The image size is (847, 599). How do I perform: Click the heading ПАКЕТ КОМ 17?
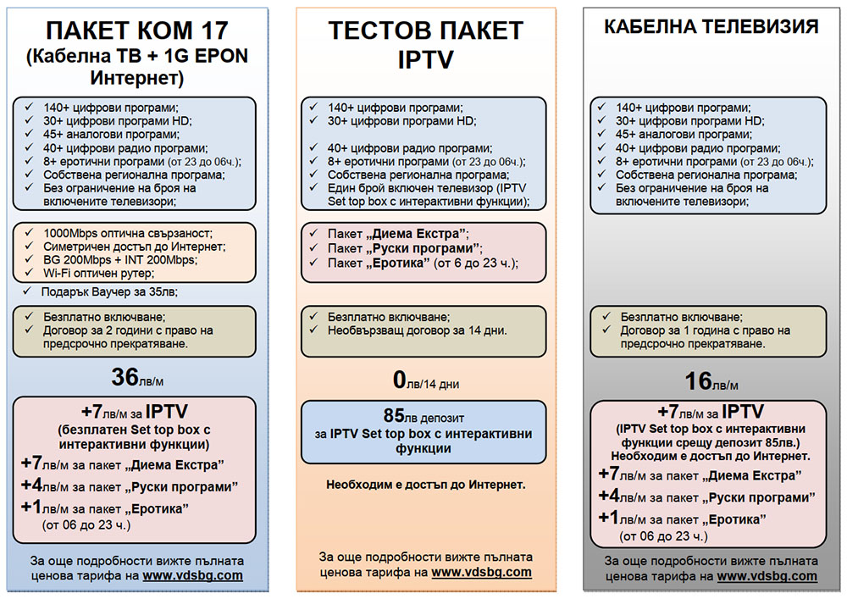click(x=137, y=31)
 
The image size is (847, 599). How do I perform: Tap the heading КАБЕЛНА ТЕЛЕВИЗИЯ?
click(x=711, y=26)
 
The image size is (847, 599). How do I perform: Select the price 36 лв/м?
click(x=137, y=377)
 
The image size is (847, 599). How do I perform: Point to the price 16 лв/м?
click(x=711, y=381)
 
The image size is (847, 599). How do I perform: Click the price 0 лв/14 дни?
click(x=426, y=380)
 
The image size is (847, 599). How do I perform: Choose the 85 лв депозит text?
click(x=423, y=415)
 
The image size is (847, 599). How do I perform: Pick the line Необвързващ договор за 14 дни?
click(x=417, y=330)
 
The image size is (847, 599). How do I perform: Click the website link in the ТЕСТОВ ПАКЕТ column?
click(x=481, y=572)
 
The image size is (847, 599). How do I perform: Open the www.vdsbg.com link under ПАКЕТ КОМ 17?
click(x=192, y=575)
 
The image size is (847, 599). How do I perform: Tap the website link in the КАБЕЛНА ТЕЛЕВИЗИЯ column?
click(x=767, y=576)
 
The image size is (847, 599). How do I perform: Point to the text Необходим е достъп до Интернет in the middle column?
click(x=426, y=485)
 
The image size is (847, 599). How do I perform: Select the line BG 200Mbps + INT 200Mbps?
click(x=120, y=260)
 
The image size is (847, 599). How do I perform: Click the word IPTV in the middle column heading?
click(x=426, y=59)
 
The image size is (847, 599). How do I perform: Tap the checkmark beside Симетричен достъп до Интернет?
click(x=29, y=246)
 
